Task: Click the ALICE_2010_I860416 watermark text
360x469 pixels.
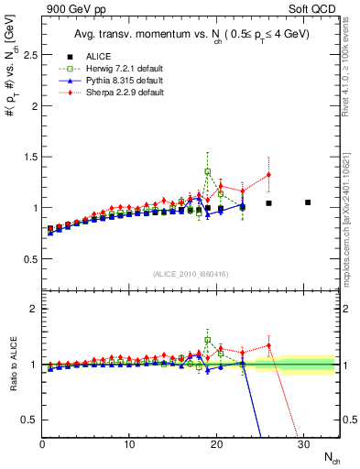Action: pos(191,274)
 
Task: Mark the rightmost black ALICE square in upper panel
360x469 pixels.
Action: pos(308,202)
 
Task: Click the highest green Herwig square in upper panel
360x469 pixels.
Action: pos(208,171)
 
